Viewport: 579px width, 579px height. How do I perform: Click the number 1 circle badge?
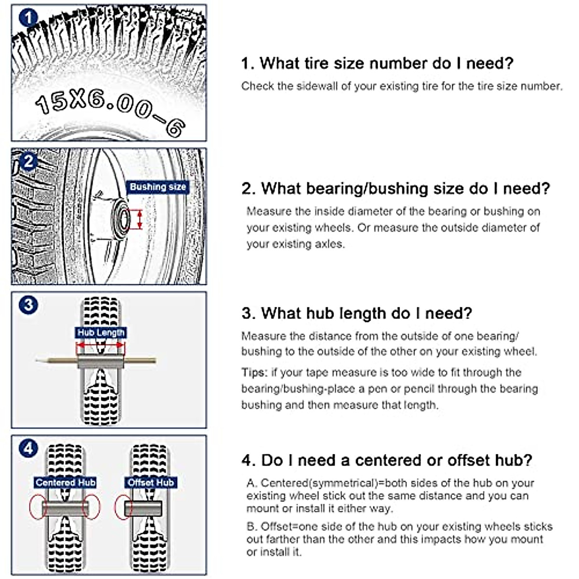[x=28, y=18]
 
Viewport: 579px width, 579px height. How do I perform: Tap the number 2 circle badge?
[x=28, y=161]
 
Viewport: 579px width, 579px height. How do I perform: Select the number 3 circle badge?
[x=28, y=305]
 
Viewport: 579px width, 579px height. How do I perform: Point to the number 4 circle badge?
[x=28, y=448]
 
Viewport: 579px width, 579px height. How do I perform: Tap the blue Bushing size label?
[x=158, y=187]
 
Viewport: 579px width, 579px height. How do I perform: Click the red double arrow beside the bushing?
[x=140, y=219]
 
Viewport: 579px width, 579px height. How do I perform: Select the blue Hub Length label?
[x=101, y=332]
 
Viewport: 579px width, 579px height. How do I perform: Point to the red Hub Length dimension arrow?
[x=100, y=345]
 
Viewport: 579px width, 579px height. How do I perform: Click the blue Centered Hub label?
[x=65, y=482]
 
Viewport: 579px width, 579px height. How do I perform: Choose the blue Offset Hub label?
[x=151, y=482]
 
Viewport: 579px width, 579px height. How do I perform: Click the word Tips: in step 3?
[x=254, y=372]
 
